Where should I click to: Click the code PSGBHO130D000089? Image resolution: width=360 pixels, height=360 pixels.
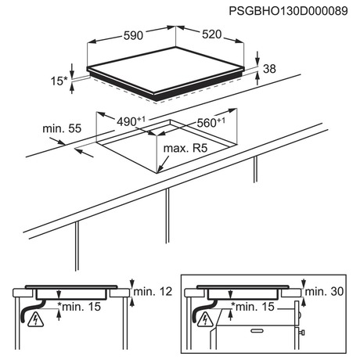click(288, 11)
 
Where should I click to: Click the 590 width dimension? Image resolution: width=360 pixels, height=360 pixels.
click(133, 35)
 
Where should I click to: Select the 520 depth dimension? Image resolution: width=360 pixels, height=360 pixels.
click(212, 34)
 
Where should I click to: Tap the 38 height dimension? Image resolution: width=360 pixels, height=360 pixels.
click(269, 69)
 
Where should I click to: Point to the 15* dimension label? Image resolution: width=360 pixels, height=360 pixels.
click(59, 81)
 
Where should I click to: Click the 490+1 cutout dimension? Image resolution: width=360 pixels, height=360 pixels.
click(131, 121)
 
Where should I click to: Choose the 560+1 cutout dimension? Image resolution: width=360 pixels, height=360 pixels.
click(211, 122)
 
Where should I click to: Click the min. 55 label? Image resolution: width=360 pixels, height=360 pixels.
click(62, 128)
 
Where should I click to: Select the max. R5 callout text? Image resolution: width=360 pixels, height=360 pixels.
click(185, 148)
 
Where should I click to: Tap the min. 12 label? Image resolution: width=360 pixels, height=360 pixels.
click(153, 291)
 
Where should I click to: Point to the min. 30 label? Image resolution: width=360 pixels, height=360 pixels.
click(324, 291)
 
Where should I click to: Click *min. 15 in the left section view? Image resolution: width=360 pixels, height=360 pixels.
click(79, 307)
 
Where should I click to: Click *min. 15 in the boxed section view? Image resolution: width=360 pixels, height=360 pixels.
click(253, 307)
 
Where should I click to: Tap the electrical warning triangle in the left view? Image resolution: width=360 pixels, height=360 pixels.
click(35, 320)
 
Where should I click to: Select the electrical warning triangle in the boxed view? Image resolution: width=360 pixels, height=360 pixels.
click(206, 320)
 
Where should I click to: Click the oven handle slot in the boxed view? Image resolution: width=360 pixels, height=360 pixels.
click(257, 331)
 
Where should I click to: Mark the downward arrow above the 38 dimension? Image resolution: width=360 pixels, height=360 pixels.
click(257, 58)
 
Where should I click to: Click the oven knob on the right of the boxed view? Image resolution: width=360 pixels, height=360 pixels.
click(302, 333)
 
